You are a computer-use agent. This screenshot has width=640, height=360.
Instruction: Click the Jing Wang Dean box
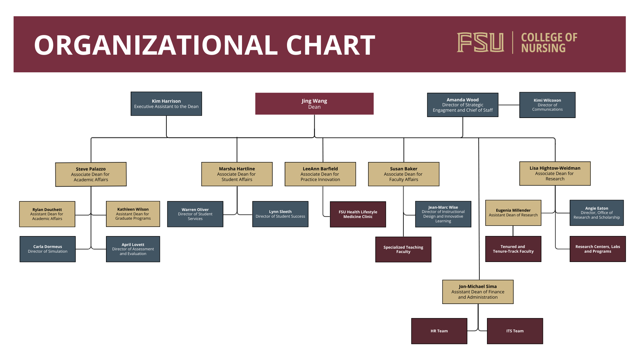tap(314, 104)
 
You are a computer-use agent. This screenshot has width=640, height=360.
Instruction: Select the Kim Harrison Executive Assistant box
tap(166, 104)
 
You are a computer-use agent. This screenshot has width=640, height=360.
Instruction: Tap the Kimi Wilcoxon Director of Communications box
tap(547, 105)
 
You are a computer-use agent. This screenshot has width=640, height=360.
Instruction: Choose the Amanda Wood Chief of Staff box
tap(462, 105)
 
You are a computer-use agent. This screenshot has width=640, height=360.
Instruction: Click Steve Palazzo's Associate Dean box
tap(91, 174)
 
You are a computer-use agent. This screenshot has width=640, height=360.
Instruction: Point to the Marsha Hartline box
tap(237, 174)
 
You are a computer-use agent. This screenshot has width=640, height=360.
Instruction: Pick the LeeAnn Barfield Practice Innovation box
tap(320, 174)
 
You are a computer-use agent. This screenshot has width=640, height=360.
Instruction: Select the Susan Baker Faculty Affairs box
tap(403, 174)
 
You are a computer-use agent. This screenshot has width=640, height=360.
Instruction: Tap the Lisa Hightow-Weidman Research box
tap(555, 173)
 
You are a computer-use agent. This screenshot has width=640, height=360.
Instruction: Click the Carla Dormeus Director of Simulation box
tap(47, 249)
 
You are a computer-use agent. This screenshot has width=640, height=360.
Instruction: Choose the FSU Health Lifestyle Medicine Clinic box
tap(358, 214)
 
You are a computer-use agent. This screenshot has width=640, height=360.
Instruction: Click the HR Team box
tap(439, 331)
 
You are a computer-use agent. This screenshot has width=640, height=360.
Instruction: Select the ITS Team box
tap(515, 331)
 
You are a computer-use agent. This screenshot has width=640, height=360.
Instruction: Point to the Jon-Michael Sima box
tap(478, 292)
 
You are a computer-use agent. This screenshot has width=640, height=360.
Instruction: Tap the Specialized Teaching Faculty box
tap(403, 249)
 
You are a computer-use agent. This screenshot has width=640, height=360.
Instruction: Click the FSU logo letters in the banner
tap(480, 42)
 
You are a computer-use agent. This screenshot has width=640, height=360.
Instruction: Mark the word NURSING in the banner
tap(543, 48)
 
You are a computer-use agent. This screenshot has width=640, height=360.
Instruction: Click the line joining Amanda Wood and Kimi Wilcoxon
tap(509, 105)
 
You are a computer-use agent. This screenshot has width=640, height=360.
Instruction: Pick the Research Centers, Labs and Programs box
tap(597, 249)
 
